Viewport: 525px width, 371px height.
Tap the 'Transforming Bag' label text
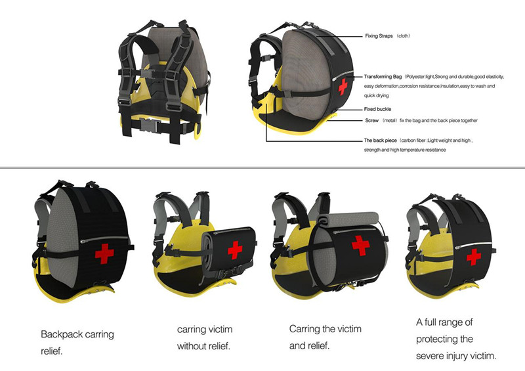click(385, 77)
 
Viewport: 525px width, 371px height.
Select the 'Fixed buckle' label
click(377, 109)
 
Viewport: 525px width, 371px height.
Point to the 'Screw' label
click(371, 121)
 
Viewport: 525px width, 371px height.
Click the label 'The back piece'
click(381, 141)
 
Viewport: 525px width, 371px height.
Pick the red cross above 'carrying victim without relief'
click(235, 250)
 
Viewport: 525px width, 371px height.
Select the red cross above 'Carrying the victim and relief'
click(360, 245)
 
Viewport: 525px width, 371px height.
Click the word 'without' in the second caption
click(194, 346)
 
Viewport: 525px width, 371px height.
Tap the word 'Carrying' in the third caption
click(308, 328)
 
